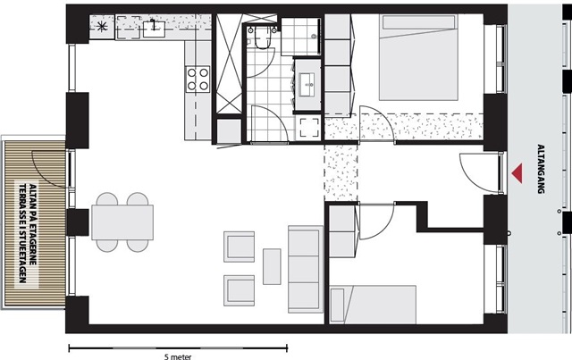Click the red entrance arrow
pos(517,173)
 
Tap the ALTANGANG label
pos(541,169)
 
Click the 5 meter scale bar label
pos(178,356)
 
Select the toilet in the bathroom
pos(261,38)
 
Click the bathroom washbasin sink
pos(307,85)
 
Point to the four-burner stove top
pos(198,79)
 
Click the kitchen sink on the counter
pos(154,29)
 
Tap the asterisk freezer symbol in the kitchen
pos(102,26)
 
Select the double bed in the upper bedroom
pos(418,57)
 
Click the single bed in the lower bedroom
pos(373,305)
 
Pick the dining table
pos(122,222)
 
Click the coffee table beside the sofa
pos(272,266)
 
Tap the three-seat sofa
pos(306,269)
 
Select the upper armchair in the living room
pos(240,247)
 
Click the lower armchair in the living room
pos(240,290)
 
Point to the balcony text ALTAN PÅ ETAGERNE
pos(32,233)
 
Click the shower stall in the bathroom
pos(301,37)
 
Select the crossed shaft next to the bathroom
pos(229,64)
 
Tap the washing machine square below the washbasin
pos(309,128)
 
